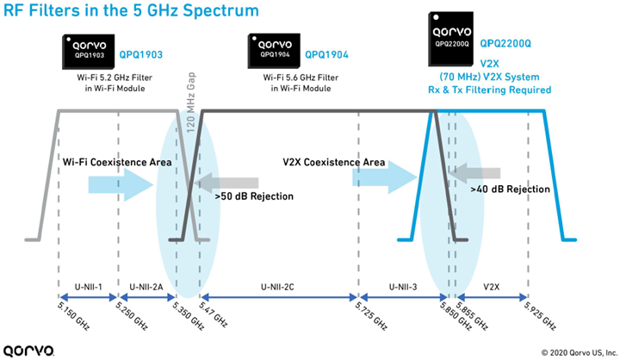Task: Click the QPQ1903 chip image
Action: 90,52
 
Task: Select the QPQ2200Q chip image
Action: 450,39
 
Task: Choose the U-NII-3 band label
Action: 401,285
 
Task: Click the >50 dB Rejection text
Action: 254,196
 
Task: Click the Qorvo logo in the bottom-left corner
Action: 29,350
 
